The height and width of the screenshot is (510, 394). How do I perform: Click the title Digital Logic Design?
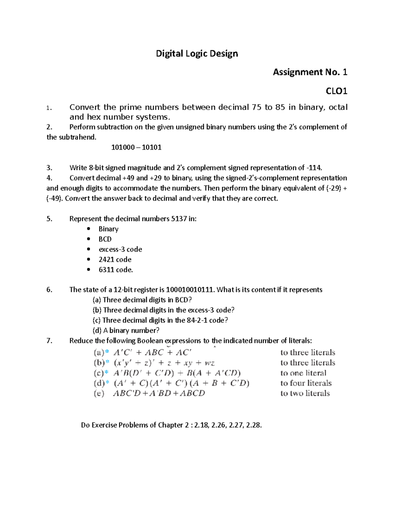197,54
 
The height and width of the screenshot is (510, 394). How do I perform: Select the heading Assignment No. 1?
310,72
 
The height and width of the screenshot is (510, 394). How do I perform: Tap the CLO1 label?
336,91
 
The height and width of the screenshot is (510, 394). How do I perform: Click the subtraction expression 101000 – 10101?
136,147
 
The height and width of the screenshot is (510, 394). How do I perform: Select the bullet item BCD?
105,239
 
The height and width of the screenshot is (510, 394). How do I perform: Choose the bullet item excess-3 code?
120,249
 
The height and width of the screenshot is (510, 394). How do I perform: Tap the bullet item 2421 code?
115,259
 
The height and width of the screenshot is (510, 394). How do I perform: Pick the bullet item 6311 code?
116,270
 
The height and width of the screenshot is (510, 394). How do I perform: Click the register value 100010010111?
190,290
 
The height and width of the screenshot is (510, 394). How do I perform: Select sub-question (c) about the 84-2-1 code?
160,320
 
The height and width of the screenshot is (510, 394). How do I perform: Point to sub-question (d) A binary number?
126,330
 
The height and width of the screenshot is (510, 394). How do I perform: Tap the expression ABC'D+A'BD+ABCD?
159,393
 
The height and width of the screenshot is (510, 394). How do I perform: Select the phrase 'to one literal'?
303,373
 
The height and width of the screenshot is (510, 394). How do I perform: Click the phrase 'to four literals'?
306,383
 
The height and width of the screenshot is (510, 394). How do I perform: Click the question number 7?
49,341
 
